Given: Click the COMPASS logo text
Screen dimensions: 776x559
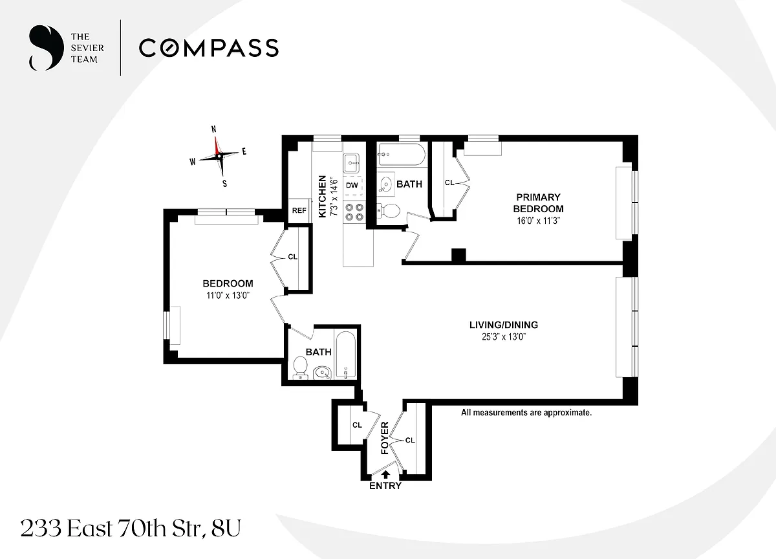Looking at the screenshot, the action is point(209,47).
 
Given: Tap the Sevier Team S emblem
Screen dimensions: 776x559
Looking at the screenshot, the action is point(47,48).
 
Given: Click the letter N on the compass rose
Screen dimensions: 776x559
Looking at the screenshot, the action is point(214,129).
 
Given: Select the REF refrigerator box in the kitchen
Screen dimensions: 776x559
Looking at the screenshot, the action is point(299,210).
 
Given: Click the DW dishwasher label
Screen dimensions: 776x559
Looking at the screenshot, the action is point(352,185).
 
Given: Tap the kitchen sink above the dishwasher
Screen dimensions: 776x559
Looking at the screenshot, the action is point(352,163).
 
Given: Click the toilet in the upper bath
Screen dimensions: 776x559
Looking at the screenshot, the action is point(389,211).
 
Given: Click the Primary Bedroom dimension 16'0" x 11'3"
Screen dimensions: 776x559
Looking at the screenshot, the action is point(538,221).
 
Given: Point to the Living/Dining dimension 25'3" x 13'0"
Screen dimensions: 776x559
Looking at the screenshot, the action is point(504,336).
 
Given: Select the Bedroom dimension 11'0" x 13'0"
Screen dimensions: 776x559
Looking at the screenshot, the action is point(228,295).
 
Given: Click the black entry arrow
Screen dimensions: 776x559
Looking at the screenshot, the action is point(385,474).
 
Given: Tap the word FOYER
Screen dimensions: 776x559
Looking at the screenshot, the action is point(385,438).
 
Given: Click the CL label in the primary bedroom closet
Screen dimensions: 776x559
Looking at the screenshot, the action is point(449,182).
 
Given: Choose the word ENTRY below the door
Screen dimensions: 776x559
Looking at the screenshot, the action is point(385,486).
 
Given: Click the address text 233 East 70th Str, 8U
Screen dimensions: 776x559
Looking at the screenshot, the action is point(131,529).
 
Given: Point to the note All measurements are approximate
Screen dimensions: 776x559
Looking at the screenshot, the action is point(526,412).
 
